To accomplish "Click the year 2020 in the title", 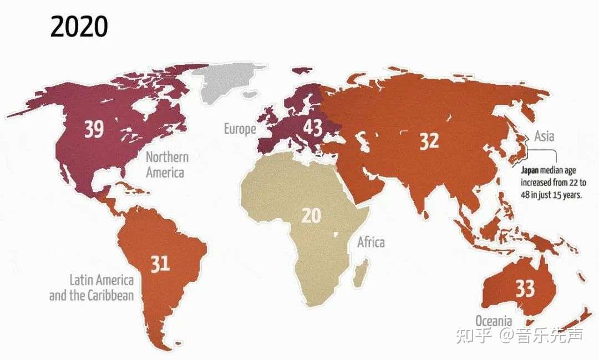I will [x=79, y=27].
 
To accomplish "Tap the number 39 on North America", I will [x=94, y=129].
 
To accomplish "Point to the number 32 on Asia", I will [x=429, y=141].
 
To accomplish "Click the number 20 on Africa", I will [x=311, y=215].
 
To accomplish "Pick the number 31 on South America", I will [x=160, y=263].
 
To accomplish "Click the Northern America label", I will [x=166, y=165].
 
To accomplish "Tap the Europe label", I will [x=240, y=129].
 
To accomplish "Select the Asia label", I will [x=544, y=136].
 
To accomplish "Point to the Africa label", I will [x=370, y=242].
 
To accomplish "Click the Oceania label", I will [x=493, y=321].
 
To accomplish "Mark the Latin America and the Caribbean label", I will [x=92, y=287].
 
